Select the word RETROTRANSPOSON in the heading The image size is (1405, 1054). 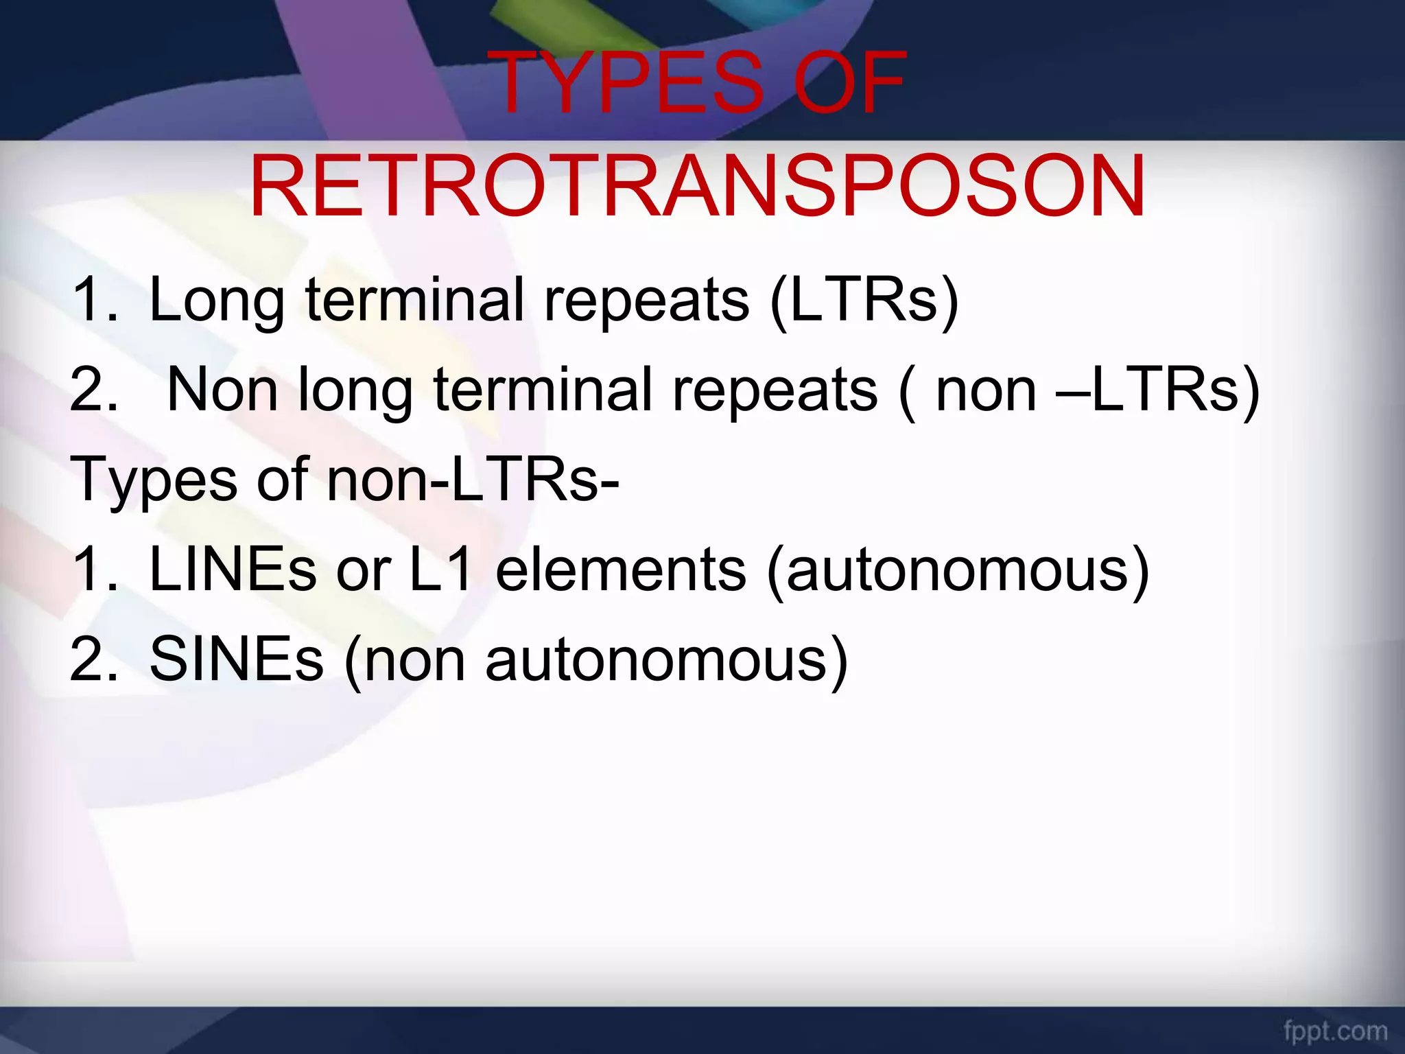click(697, 187)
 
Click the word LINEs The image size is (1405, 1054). click(232, 570)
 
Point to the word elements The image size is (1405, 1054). click(620, 570)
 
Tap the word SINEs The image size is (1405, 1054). click(236, 659)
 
